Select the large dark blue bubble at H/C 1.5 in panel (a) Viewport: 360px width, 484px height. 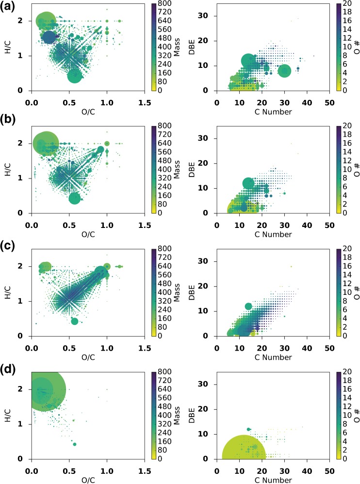[50, 37]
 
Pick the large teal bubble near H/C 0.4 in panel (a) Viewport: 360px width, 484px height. [74, 76]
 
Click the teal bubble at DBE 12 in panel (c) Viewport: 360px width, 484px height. [248, 306]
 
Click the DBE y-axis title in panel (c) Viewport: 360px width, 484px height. [199, 292]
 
